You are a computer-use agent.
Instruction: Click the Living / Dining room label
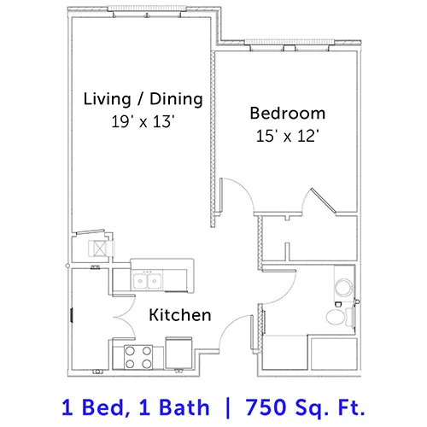point(143,99)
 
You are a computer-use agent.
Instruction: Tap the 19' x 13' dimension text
point(143,121)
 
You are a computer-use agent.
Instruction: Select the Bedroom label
point(288,113)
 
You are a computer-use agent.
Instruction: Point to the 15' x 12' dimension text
point(287,136)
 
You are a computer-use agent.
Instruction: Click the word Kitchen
point(180,315)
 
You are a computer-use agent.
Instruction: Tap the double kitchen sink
point(147,280)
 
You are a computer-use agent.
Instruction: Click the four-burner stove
point(138,357)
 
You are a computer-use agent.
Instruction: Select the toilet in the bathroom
point(340,317)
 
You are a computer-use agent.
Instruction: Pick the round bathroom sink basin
point(344,287)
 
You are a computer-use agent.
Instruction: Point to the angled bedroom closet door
point(324,201)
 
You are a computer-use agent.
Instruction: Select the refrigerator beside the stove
point(178,353)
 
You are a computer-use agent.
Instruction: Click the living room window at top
point(147,9)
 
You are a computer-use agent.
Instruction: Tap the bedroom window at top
point(289,43)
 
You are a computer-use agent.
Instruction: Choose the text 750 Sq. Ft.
point(305,407)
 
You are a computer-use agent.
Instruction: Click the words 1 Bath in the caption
point(174,407)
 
